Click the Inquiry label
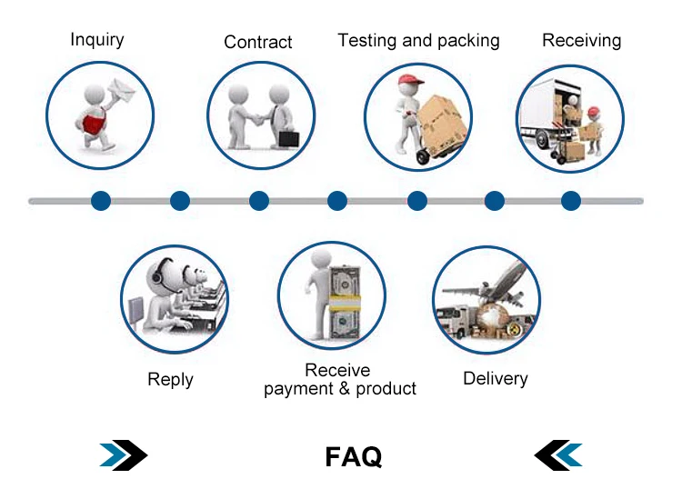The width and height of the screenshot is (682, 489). point(97,39)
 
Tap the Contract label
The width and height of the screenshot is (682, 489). point(258,42)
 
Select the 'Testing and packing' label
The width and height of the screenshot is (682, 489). point(418,40)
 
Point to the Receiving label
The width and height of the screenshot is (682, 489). point(581,40)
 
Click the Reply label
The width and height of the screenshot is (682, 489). point(170,379)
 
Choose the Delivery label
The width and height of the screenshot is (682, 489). point(495,378)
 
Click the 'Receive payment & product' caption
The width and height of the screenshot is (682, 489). point(339,380)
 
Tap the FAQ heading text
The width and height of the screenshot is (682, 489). point(353,455)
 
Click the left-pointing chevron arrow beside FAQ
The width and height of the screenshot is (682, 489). point(557,454)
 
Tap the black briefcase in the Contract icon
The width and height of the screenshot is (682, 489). point(287,139)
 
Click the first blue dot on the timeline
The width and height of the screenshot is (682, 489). point(101,200)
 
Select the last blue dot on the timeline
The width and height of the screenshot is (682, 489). point(570,200)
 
